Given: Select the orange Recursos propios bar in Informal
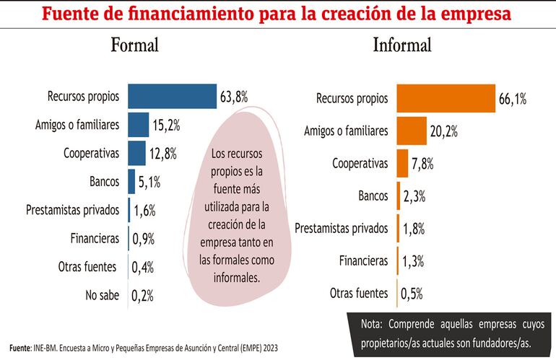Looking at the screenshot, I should point(445,99).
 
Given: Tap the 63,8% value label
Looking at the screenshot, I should point(234,96).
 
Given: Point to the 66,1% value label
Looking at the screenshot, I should point(512,100).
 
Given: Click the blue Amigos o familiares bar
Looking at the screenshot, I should point(139,125).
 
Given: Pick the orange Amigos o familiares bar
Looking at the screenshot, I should point(412,131).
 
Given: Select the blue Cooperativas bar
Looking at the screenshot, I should point(137,153).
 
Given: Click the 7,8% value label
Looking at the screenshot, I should point(422,164).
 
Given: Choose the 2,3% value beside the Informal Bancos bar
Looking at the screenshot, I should point(413,196).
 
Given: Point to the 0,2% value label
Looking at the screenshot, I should point(143,295).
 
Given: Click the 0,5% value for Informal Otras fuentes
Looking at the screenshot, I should point(411,293).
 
